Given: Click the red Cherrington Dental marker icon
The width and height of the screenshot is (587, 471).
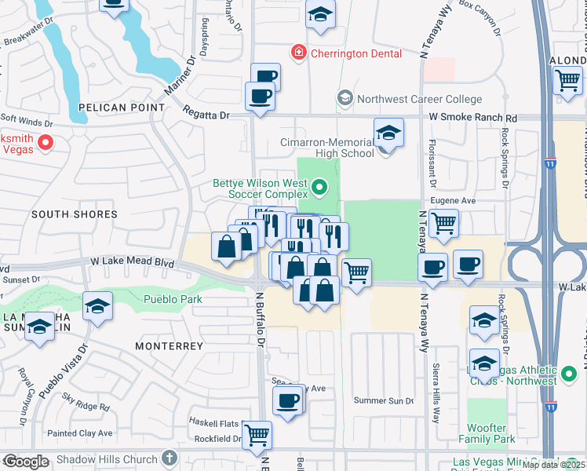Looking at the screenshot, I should [x=298, y=53].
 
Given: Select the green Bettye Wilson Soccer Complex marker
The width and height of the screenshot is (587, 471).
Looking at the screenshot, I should [x=319, y=187].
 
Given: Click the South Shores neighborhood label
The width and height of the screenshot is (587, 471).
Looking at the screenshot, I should [x=75, y=214].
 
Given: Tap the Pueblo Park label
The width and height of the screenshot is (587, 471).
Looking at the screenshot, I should [x=173, y=299].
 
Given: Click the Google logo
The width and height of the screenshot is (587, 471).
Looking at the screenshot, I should [x=25, y=462].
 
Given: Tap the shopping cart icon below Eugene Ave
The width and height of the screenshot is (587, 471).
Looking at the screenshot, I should [x=444, y=224].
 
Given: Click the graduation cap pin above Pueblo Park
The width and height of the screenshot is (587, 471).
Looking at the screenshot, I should [x=97, y=306].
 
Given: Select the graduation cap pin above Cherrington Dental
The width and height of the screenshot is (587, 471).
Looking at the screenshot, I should [x=319, y=15].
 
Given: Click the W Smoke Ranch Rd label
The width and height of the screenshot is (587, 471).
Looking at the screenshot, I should [x=472, y=117].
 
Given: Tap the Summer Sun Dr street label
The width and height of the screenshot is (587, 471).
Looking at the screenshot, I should [x=384, y=400].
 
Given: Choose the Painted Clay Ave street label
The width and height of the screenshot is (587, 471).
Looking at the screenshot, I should [x=79, y=433].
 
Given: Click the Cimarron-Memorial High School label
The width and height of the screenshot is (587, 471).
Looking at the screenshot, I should [x=326, y=148].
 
